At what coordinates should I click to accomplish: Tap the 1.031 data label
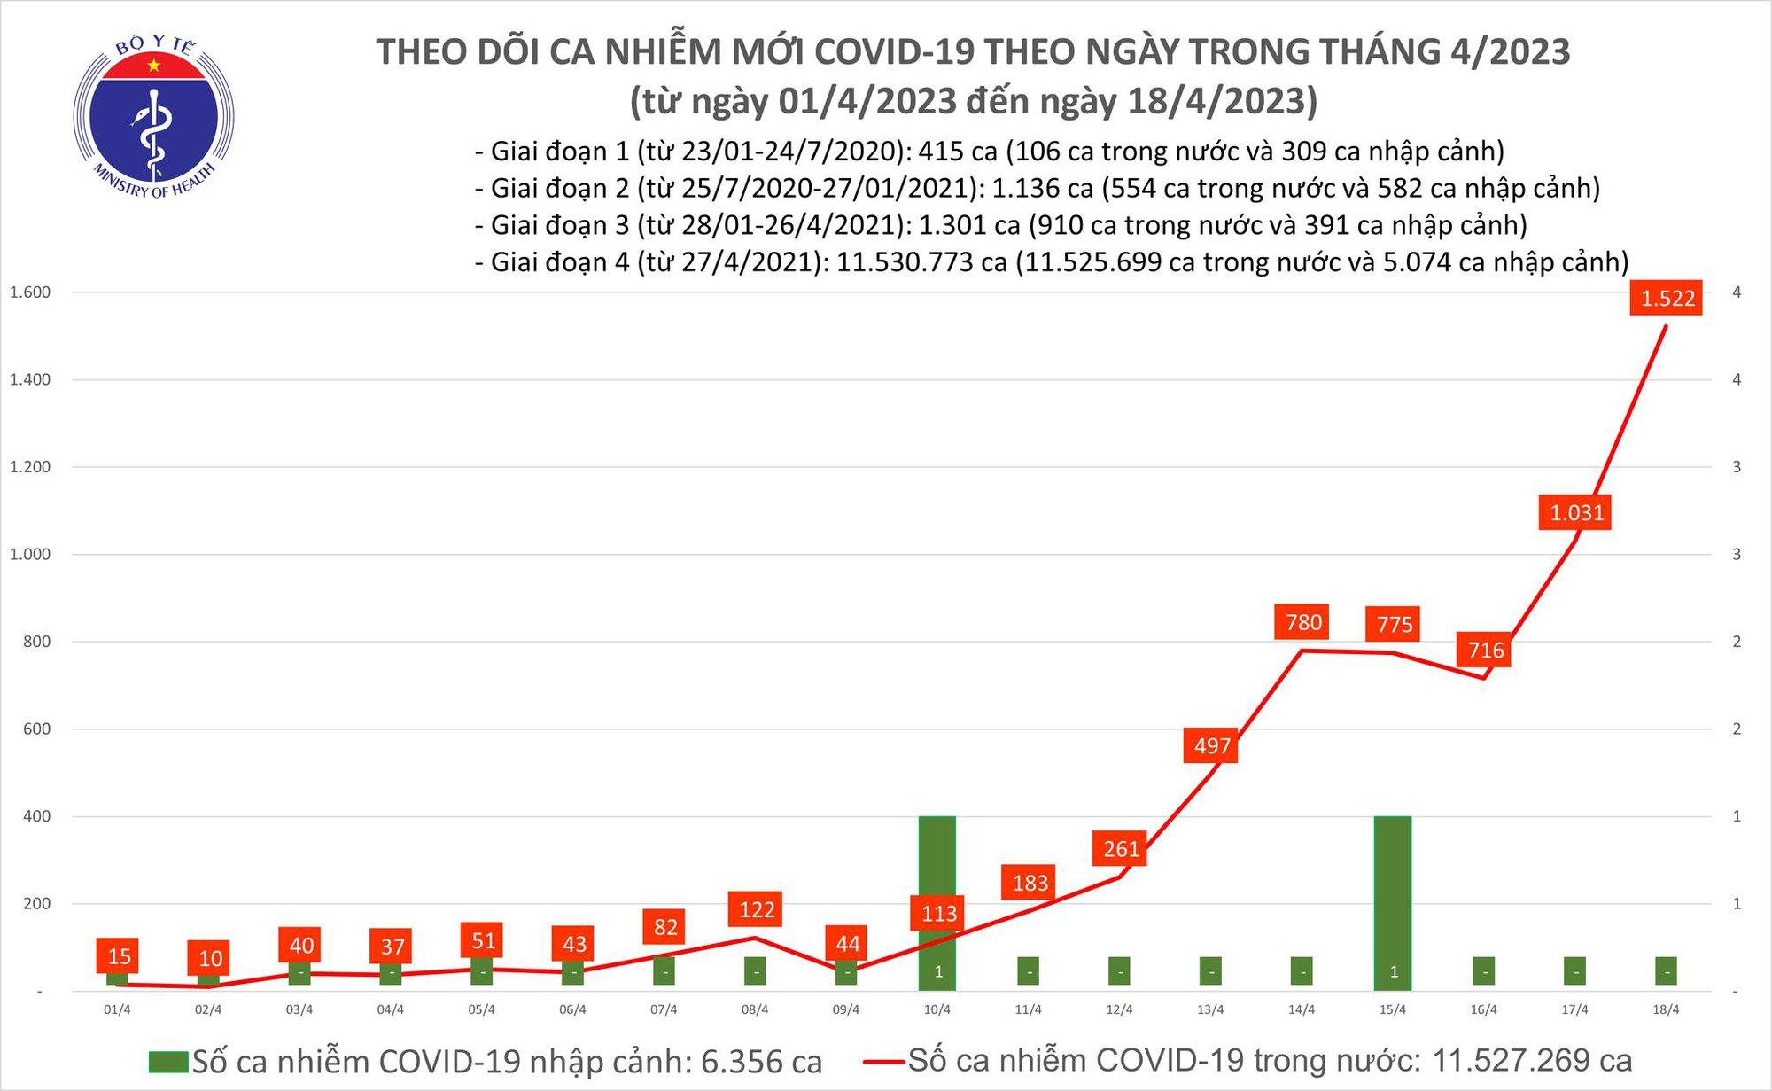1576,512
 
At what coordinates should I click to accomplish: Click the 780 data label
1303,622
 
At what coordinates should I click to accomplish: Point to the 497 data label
1211,745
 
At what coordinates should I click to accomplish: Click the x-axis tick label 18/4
1666,1009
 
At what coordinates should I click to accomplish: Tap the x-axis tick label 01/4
117,1009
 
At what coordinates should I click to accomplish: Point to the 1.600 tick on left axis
30,292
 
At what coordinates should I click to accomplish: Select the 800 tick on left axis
36,642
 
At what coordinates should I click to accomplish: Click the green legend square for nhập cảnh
168,1062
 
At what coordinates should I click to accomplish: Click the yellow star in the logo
155,66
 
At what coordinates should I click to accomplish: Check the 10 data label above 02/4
210,958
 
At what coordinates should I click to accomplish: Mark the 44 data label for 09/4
847,944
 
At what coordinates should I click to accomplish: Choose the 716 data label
1485,651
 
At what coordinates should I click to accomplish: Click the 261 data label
1121,849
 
